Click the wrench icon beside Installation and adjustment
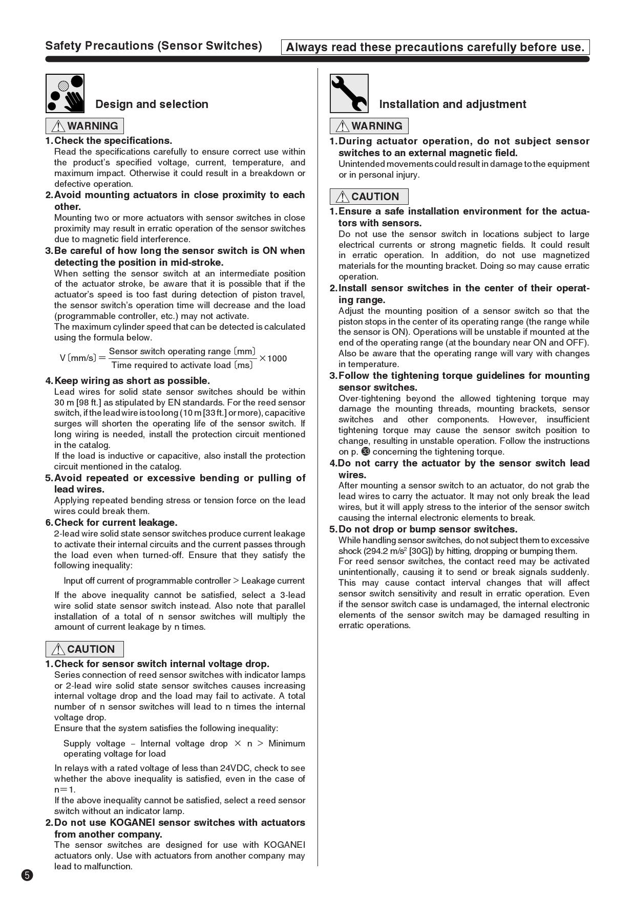349,93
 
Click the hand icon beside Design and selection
65,93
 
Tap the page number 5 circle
27,875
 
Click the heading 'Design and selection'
152,104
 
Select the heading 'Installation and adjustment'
452,104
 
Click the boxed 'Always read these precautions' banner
435,48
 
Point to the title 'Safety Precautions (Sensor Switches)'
154,46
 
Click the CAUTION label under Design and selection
84,649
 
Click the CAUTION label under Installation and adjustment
369,197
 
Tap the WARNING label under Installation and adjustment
369,126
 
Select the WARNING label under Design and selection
84,126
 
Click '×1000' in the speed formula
273,358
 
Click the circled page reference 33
366,452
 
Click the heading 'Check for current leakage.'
116,523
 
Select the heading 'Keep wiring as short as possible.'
132,381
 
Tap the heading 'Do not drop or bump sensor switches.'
428,529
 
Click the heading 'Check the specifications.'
113,141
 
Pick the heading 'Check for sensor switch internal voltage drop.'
161,664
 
